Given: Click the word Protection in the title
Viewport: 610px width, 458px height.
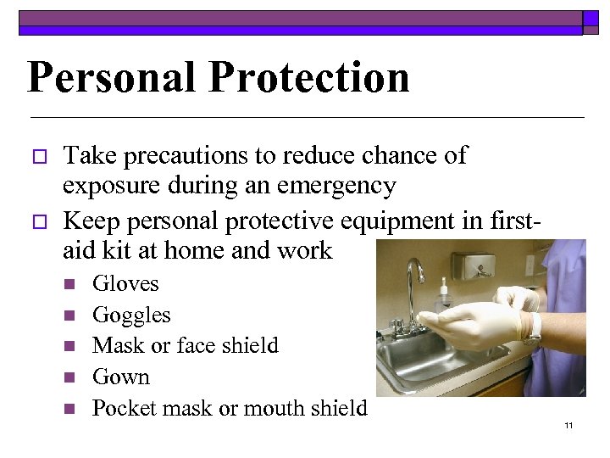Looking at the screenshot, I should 308,77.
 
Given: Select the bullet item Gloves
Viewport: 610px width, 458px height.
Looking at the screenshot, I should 125,284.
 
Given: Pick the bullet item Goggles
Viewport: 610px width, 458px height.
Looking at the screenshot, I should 131,316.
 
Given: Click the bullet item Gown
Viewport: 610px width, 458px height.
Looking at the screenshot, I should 120,377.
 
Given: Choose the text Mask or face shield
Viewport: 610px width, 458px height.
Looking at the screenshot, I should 185,346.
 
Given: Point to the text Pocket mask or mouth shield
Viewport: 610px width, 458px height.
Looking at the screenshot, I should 230,408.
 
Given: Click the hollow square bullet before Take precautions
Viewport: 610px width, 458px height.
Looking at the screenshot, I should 36,157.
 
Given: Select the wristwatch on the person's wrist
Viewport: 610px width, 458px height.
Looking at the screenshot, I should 532,330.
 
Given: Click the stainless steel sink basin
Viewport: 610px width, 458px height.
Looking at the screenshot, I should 432,356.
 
